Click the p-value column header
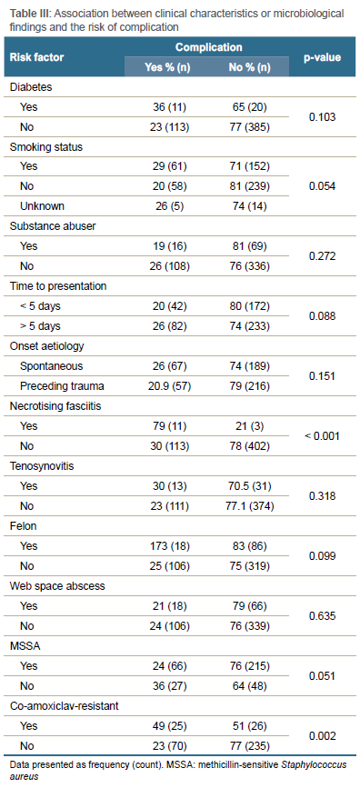click(x=323, y=57)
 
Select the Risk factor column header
click(x=36, y=57)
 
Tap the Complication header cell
click(x=209, y=47)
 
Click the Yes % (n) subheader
click(x=167, y=67)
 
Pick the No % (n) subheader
click(x=249, y=67)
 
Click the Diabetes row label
click(x=31, y=86)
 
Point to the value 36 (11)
click(x=167, y=106)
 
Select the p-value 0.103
click(x=323, y=116)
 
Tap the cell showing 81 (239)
click(x=249, y=186)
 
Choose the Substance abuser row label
click(x=53, y=226)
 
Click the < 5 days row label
click(x=40, y=306)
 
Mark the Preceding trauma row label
click(x=56, y=385)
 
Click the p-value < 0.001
click(x=323, y=435)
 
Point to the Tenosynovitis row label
click(x=42, y=466)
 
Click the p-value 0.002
click(x=323, y=735)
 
